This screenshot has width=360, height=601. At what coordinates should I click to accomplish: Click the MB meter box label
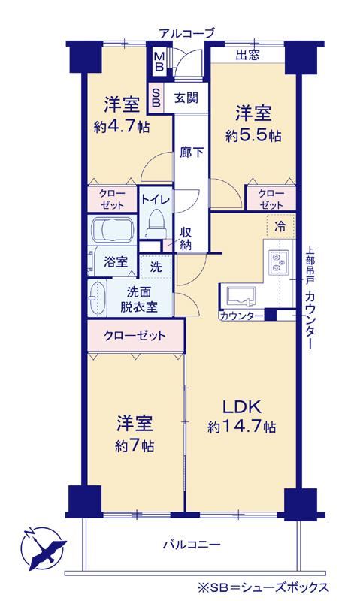point(159,61)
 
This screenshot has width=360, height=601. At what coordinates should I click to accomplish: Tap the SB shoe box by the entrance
point(156,98)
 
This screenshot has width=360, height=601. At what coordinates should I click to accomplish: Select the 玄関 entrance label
point(186,98)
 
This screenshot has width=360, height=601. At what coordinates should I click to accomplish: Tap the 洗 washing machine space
point(156,267)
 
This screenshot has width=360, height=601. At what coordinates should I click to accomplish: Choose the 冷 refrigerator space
point(280,227)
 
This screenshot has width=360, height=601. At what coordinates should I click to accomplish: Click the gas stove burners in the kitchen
point(279,262)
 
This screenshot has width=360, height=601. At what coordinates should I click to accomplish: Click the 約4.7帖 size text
point(122,127)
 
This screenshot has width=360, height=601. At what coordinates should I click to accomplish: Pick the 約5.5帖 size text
point(253,136)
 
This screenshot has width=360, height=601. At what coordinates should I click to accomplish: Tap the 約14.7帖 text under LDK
point(242,426)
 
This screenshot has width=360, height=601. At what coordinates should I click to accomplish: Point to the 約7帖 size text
point(135,445)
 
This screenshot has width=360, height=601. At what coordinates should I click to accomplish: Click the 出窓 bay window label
point(247,55)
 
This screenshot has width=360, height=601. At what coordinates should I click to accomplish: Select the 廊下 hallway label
point(192,153)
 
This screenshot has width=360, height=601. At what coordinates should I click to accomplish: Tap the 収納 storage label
point(186,238)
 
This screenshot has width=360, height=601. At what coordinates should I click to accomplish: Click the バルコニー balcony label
point(192,545)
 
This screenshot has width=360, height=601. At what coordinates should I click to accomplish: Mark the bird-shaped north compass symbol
point(41,548)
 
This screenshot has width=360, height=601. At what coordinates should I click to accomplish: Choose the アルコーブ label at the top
point(186,33)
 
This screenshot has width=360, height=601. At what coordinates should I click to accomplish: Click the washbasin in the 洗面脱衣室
point(98,297)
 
